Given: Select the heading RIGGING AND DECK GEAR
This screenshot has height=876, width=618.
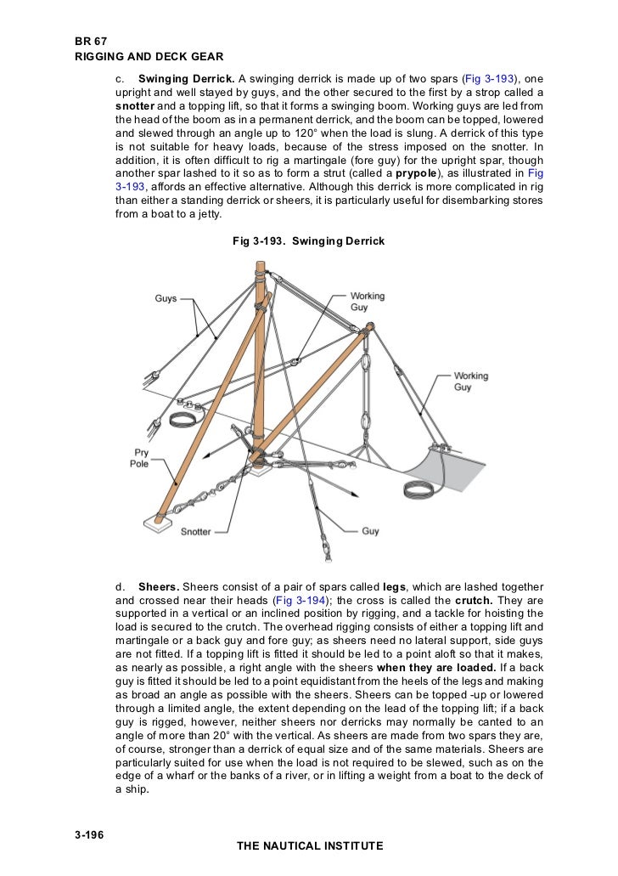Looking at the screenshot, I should click(149, 56).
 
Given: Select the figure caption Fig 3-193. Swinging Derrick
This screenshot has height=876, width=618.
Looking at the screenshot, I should click(308, 241).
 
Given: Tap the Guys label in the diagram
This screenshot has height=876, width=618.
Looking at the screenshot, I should click(166, 298).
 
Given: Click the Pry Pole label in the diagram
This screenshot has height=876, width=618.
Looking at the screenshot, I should click(139, 459).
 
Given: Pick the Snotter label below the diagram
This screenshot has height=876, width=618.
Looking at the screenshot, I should click(196, 532).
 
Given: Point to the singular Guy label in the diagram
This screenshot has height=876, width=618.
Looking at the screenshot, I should click(370, 531).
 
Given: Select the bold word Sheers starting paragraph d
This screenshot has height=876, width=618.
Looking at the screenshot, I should click(159, 587).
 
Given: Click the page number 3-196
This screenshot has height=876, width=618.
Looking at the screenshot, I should click(89, 835).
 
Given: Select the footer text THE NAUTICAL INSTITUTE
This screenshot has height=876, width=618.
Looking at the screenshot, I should click(309, 845).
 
